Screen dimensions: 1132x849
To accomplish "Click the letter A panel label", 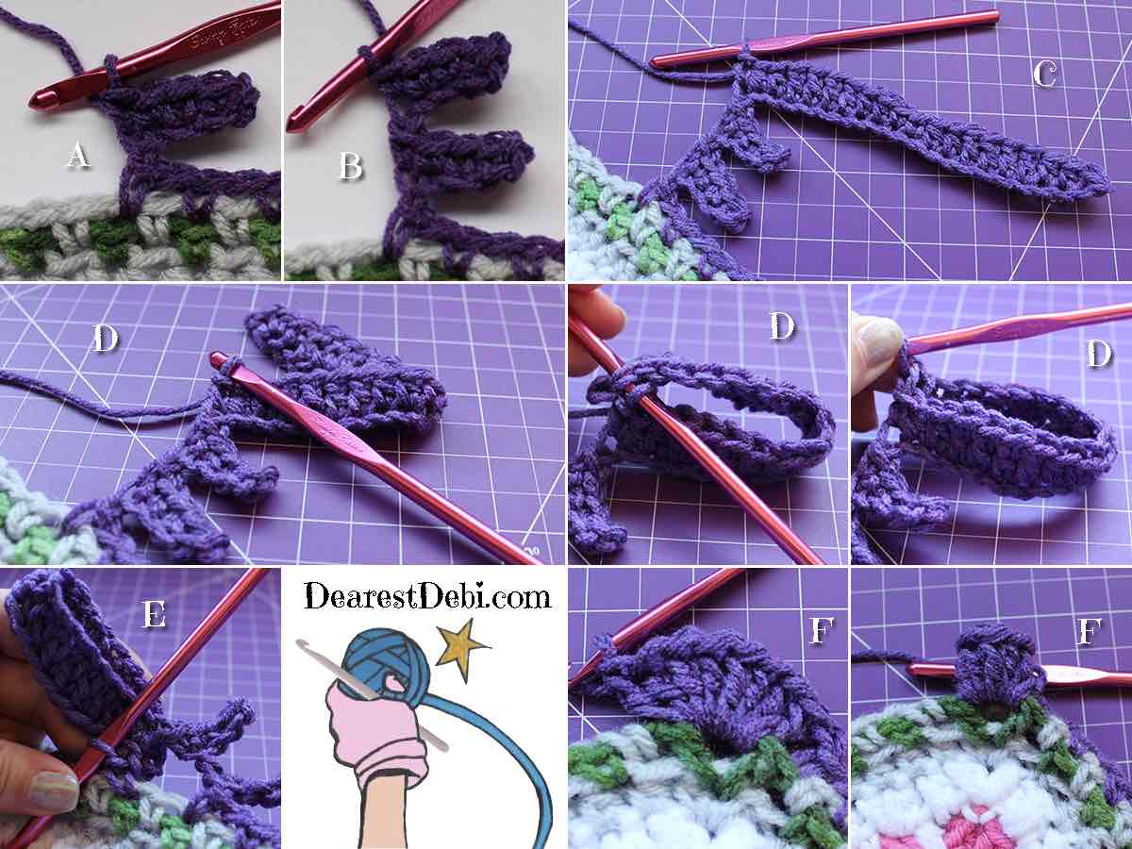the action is coord(78,155).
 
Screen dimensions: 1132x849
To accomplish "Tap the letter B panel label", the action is coord(351,165).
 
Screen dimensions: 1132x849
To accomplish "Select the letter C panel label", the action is coord(1045,75).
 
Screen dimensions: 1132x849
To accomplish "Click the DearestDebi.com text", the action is coord(427,596).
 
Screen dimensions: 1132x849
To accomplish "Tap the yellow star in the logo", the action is coord(462,650).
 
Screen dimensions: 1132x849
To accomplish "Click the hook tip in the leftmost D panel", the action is coord(217,358).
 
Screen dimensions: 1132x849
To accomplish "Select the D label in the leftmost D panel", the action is coord(106,340).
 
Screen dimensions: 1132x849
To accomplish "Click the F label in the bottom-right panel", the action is coord(1088,631).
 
